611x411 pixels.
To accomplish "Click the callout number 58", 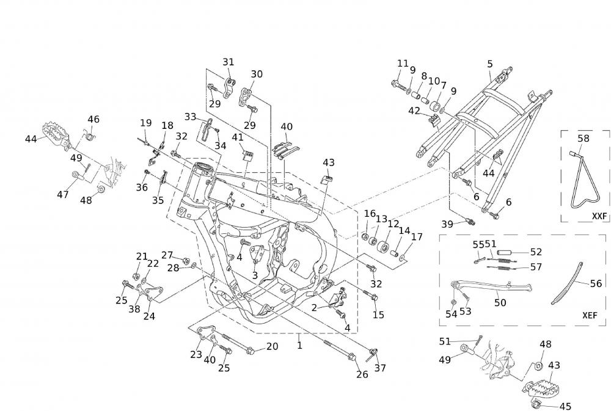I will point(584,139).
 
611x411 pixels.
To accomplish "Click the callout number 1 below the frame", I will point(299,345).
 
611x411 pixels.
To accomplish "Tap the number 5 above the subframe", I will point(490,64).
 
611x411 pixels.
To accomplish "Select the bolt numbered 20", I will point(241,350).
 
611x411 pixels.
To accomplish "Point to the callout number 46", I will point(93,119).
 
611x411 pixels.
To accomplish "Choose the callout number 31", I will point(228,62).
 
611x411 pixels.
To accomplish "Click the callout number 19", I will point(145,123).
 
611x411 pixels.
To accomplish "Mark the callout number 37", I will point(380,368).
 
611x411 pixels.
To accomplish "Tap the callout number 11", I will point(402,64).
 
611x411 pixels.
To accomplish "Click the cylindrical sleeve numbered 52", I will point(504,252).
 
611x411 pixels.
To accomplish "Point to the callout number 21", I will point(142,256).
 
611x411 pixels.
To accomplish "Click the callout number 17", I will point(417,237).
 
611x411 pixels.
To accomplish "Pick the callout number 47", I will point(64,194).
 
